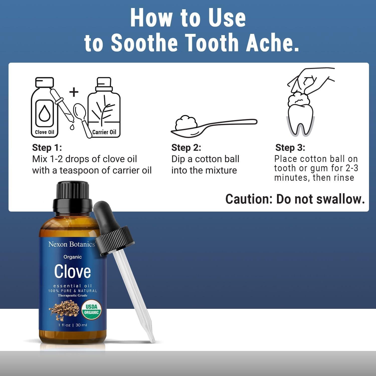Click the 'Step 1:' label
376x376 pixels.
[x=47, y=148]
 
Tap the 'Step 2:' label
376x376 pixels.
[x=186, y=148]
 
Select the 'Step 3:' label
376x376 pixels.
[x=290, y=148]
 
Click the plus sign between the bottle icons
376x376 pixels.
[x=74, y=92]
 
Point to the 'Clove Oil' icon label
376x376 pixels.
[x=45, y=132]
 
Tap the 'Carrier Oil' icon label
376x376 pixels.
[x=104, y=132]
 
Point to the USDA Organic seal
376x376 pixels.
[x=91, y=310]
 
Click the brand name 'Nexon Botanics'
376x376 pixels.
[x=72, y=244]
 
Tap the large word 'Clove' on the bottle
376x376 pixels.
[x=72, y=271]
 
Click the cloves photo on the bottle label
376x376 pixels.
[x=64, y=310]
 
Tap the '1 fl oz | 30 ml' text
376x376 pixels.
[x=73, y=325]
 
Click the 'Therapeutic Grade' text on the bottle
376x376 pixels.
[x=73, y=296]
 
